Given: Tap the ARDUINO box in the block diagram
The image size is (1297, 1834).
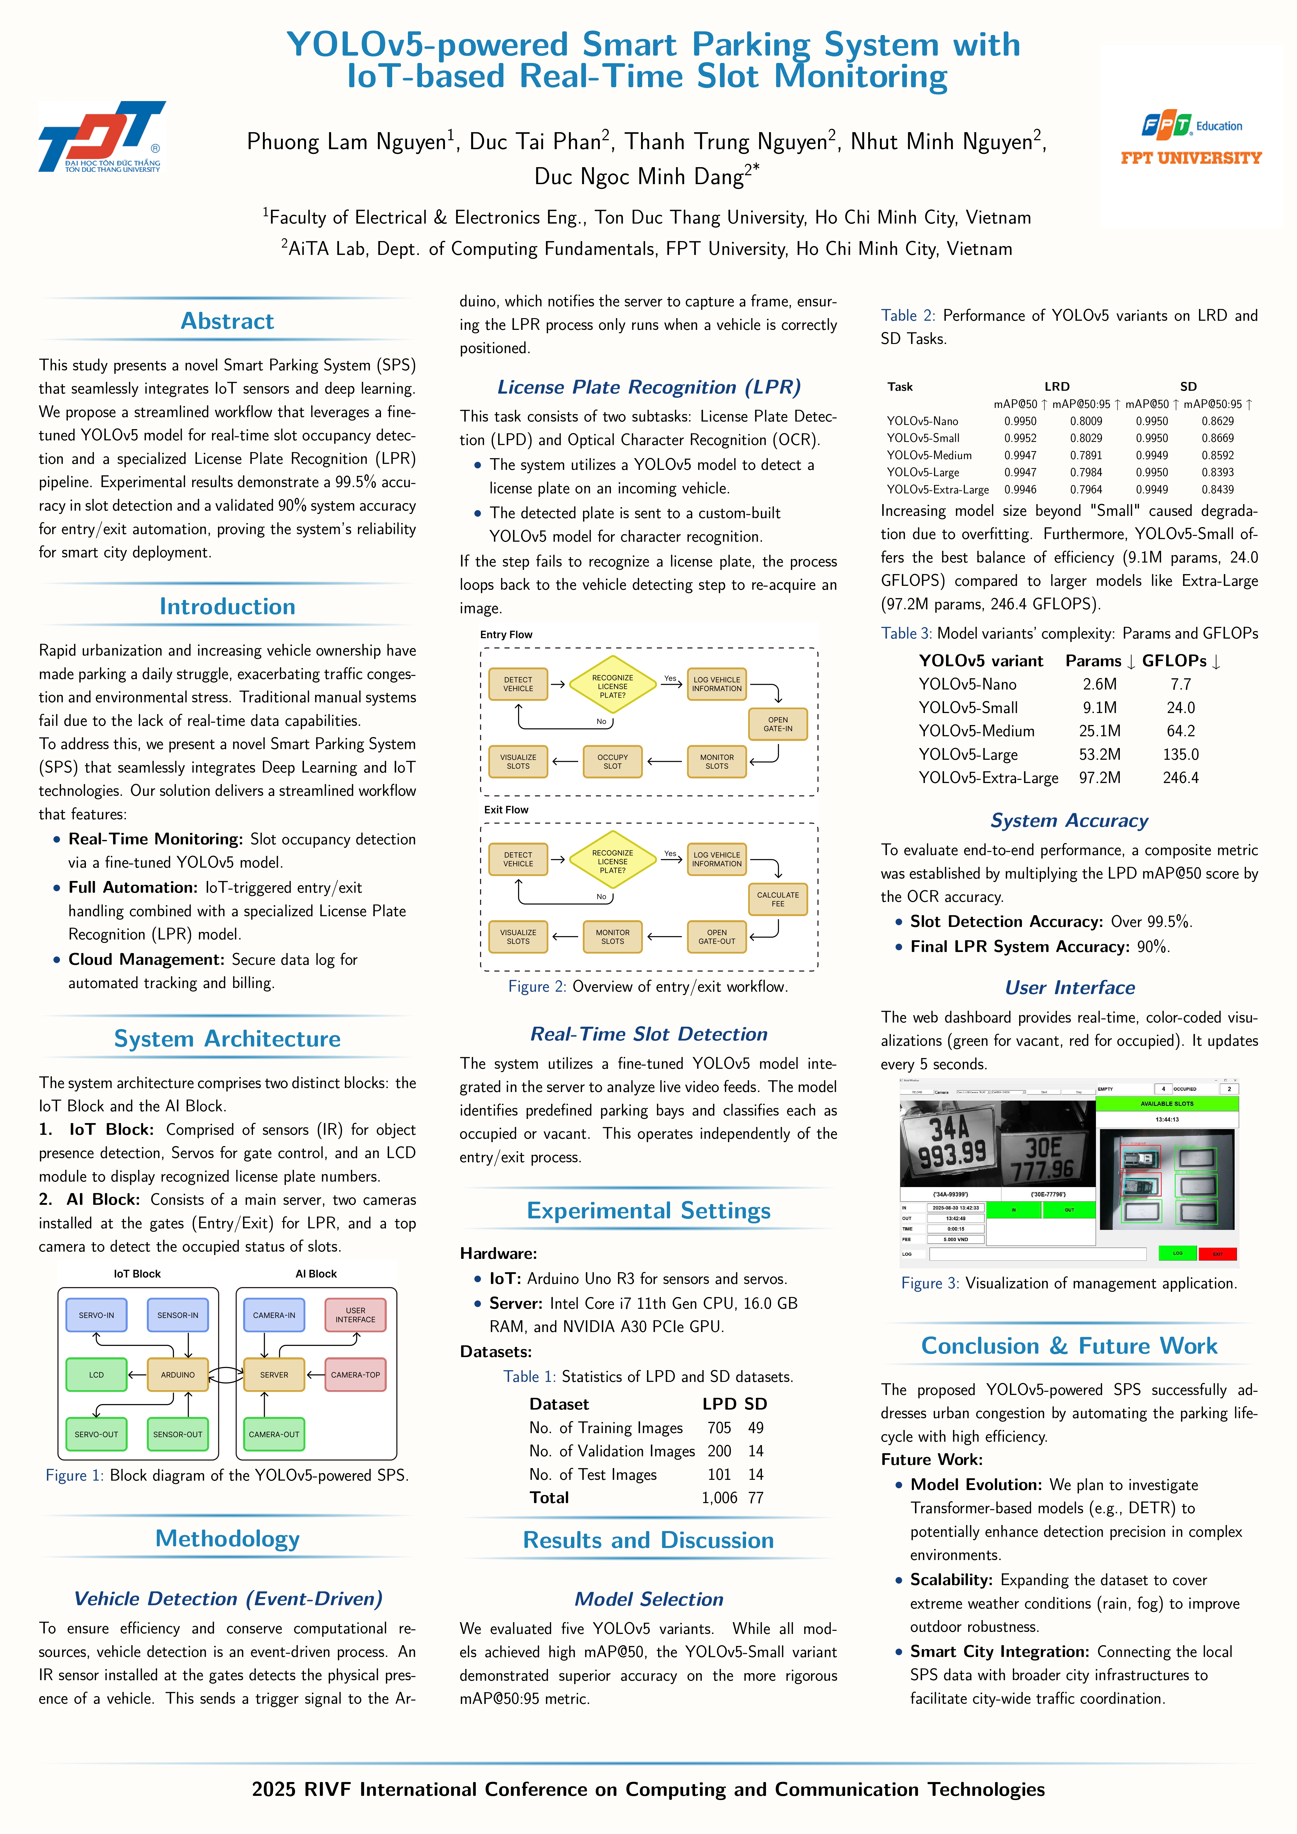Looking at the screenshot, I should click(177, 1375).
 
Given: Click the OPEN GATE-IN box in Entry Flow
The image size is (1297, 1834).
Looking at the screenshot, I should click(777, 724).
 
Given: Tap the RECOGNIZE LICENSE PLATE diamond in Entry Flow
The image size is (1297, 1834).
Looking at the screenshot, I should click(613, 686).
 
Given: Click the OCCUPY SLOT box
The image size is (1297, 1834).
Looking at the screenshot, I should click(613, 761).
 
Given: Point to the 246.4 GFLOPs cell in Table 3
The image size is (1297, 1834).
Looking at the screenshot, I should click(1180, 777).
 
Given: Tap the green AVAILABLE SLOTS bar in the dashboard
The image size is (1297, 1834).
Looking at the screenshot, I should click(1167, 1103).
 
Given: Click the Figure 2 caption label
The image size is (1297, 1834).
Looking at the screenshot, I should click(537, 986).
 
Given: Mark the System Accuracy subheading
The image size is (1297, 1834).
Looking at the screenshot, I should click(1069, 820).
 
